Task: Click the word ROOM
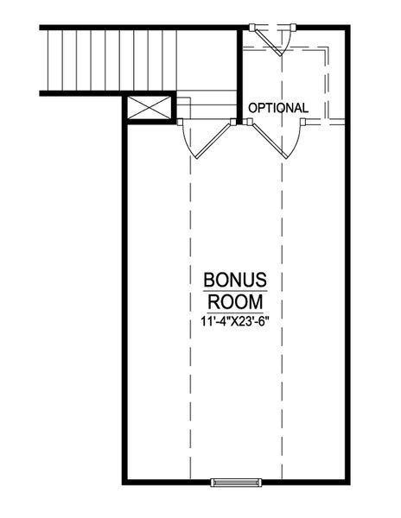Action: click(235, 304)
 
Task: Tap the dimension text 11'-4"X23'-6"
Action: click(235, 325)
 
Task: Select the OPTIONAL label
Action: click(278, 108)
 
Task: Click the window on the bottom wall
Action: click(236, 480)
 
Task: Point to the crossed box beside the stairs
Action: click(141, 108)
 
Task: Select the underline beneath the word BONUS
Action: click(235, 293)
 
